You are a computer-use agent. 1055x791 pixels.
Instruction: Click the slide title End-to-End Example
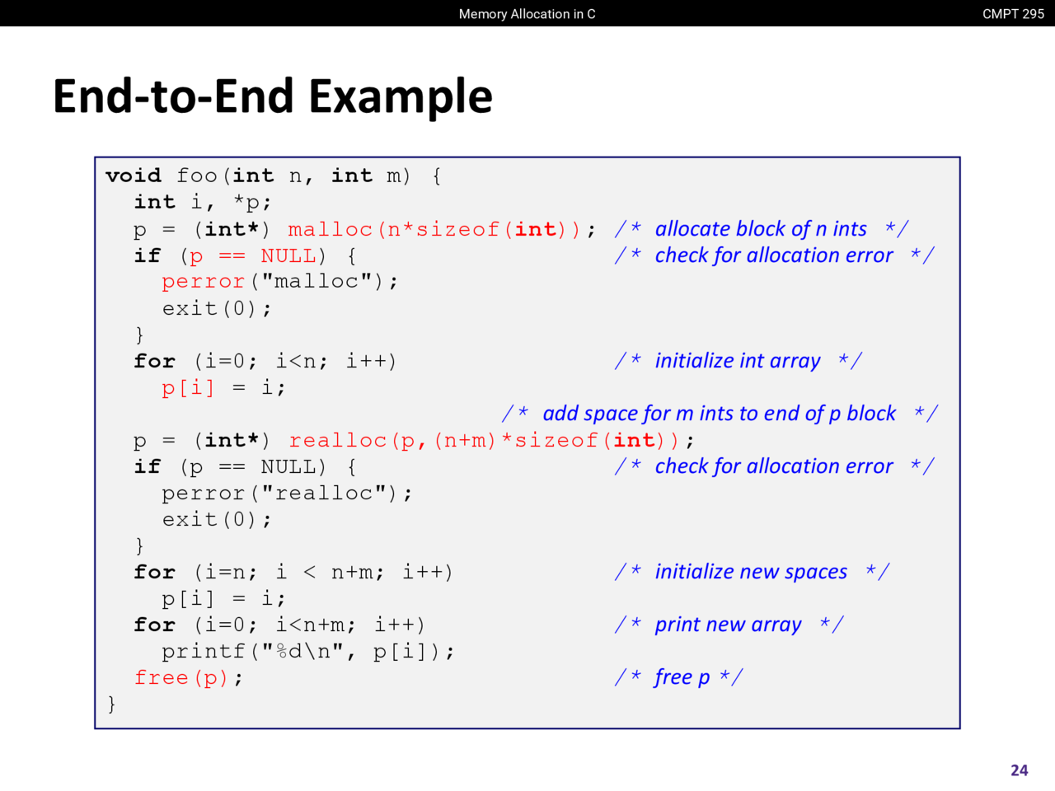[273, 96]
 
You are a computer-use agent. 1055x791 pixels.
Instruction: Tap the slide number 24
[1020, 770]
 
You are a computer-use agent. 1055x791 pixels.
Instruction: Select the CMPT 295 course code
[1013, 14]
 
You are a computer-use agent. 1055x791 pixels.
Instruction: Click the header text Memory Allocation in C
[527, 14]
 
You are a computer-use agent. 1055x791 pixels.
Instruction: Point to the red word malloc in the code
[331, 230]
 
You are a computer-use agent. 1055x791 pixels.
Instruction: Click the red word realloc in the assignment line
[338, 440]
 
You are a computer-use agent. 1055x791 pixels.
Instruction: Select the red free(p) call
[181, 677]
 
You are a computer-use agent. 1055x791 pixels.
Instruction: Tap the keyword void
[134, 176]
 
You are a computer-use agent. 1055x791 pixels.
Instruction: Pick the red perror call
[204, 282]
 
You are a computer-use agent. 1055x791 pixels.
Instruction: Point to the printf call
[307, 652]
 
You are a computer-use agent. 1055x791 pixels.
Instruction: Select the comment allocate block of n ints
[762, 229]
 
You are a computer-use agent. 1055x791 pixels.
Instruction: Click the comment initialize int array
[738, 361]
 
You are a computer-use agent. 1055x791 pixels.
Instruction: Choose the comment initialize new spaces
[752, 572]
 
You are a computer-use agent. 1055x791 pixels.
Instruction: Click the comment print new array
[729, 625]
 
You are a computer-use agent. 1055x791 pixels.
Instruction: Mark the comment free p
[678, 677]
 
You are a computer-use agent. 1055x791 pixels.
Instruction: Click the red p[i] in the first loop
[188, 387]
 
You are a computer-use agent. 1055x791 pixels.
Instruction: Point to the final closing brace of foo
[111, 704]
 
